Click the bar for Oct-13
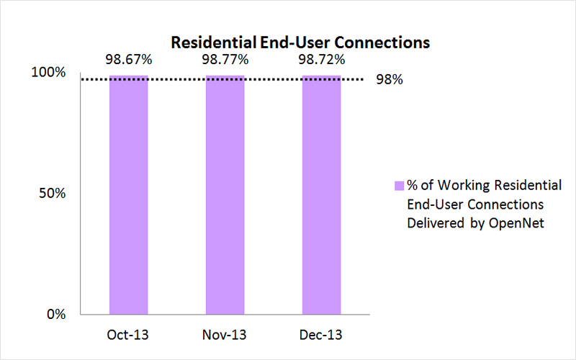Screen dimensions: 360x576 (129, 194)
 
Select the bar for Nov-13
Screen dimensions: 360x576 (225, 194)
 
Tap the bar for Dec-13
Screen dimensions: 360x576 (321, 194)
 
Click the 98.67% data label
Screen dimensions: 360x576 (129, 60)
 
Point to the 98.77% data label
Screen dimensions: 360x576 (225, 60)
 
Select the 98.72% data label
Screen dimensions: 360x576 (321, 60)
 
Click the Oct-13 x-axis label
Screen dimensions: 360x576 (129, 336)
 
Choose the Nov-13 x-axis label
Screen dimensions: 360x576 (225, 336)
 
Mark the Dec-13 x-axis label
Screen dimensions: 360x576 (321, 336)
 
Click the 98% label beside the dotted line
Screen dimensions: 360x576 (389, 80)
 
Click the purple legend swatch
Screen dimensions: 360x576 (398, 186)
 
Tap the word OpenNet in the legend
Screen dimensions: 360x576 (516, 223)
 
